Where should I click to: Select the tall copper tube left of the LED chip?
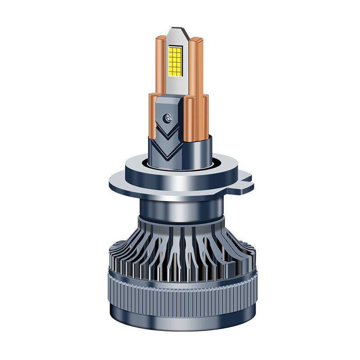pyautogui.click(x=160, y=63)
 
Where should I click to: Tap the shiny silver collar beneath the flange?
pyautogui.click(x=180, y=207)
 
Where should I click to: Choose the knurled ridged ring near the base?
pyautogui.click(x=180, y=288)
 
